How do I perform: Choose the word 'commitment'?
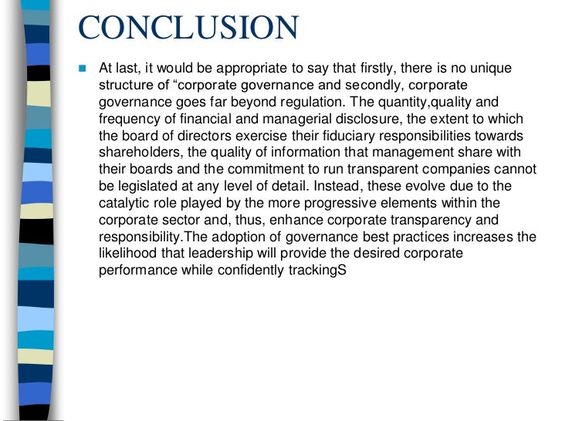tap(252, 169)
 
